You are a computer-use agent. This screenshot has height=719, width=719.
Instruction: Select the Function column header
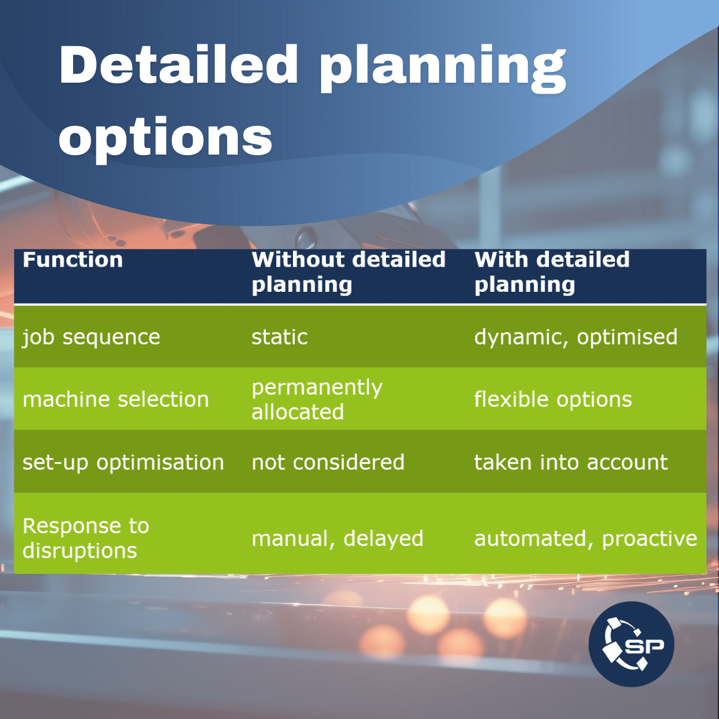(x=72, y=260)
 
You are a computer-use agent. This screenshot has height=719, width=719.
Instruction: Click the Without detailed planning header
(x=348, y=272)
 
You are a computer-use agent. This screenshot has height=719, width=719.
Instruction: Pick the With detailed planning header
(x=552, y=272)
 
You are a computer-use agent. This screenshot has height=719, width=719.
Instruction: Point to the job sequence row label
(x=91, y=337)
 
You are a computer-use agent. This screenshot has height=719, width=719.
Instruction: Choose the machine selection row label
(x=116, y=400)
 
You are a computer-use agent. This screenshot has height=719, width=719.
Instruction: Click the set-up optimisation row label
(x=123, y=463)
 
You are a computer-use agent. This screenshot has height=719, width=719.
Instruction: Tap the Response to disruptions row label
(x=86, y=538)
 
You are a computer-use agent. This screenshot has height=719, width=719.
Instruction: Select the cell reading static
(x=279, y=337)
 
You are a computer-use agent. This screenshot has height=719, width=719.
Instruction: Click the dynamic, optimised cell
(x=575, y=337)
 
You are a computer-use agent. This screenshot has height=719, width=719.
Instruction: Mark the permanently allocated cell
(x=316, y=400)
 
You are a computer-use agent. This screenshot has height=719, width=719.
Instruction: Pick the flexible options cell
(x=552, y=400)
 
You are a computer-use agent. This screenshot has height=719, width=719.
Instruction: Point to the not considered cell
(x=328, y=463)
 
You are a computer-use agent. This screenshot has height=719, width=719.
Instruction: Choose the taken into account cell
(x=570, y=463)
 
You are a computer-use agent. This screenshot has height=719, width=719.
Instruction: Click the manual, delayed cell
(x=337, y=539)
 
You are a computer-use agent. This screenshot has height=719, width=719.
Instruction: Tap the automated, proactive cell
(x=585, y=539)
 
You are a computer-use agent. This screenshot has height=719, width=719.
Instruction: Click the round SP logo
(x=631, y=644)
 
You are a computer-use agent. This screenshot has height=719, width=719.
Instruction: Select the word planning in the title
(x=442, y=69)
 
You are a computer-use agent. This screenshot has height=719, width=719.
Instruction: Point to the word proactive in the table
(x=649, y=539)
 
